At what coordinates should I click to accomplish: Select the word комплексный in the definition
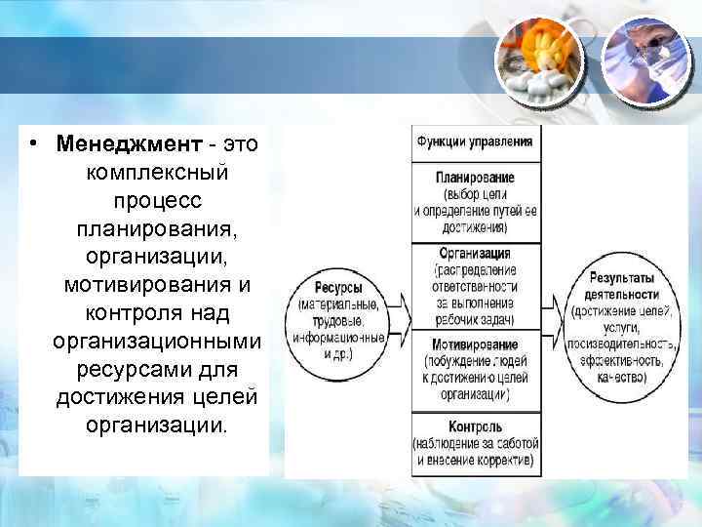(157, 175)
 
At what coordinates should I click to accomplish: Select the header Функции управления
(475, 142)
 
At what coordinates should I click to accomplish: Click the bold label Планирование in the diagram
(475, 178)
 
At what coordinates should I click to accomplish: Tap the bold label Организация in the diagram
(475, 253)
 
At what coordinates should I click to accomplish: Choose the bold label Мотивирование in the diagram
(474, 345)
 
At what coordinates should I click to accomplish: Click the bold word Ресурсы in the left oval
(338, 289)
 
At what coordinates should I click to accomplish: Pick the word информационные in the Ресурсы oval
(339, 337)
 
